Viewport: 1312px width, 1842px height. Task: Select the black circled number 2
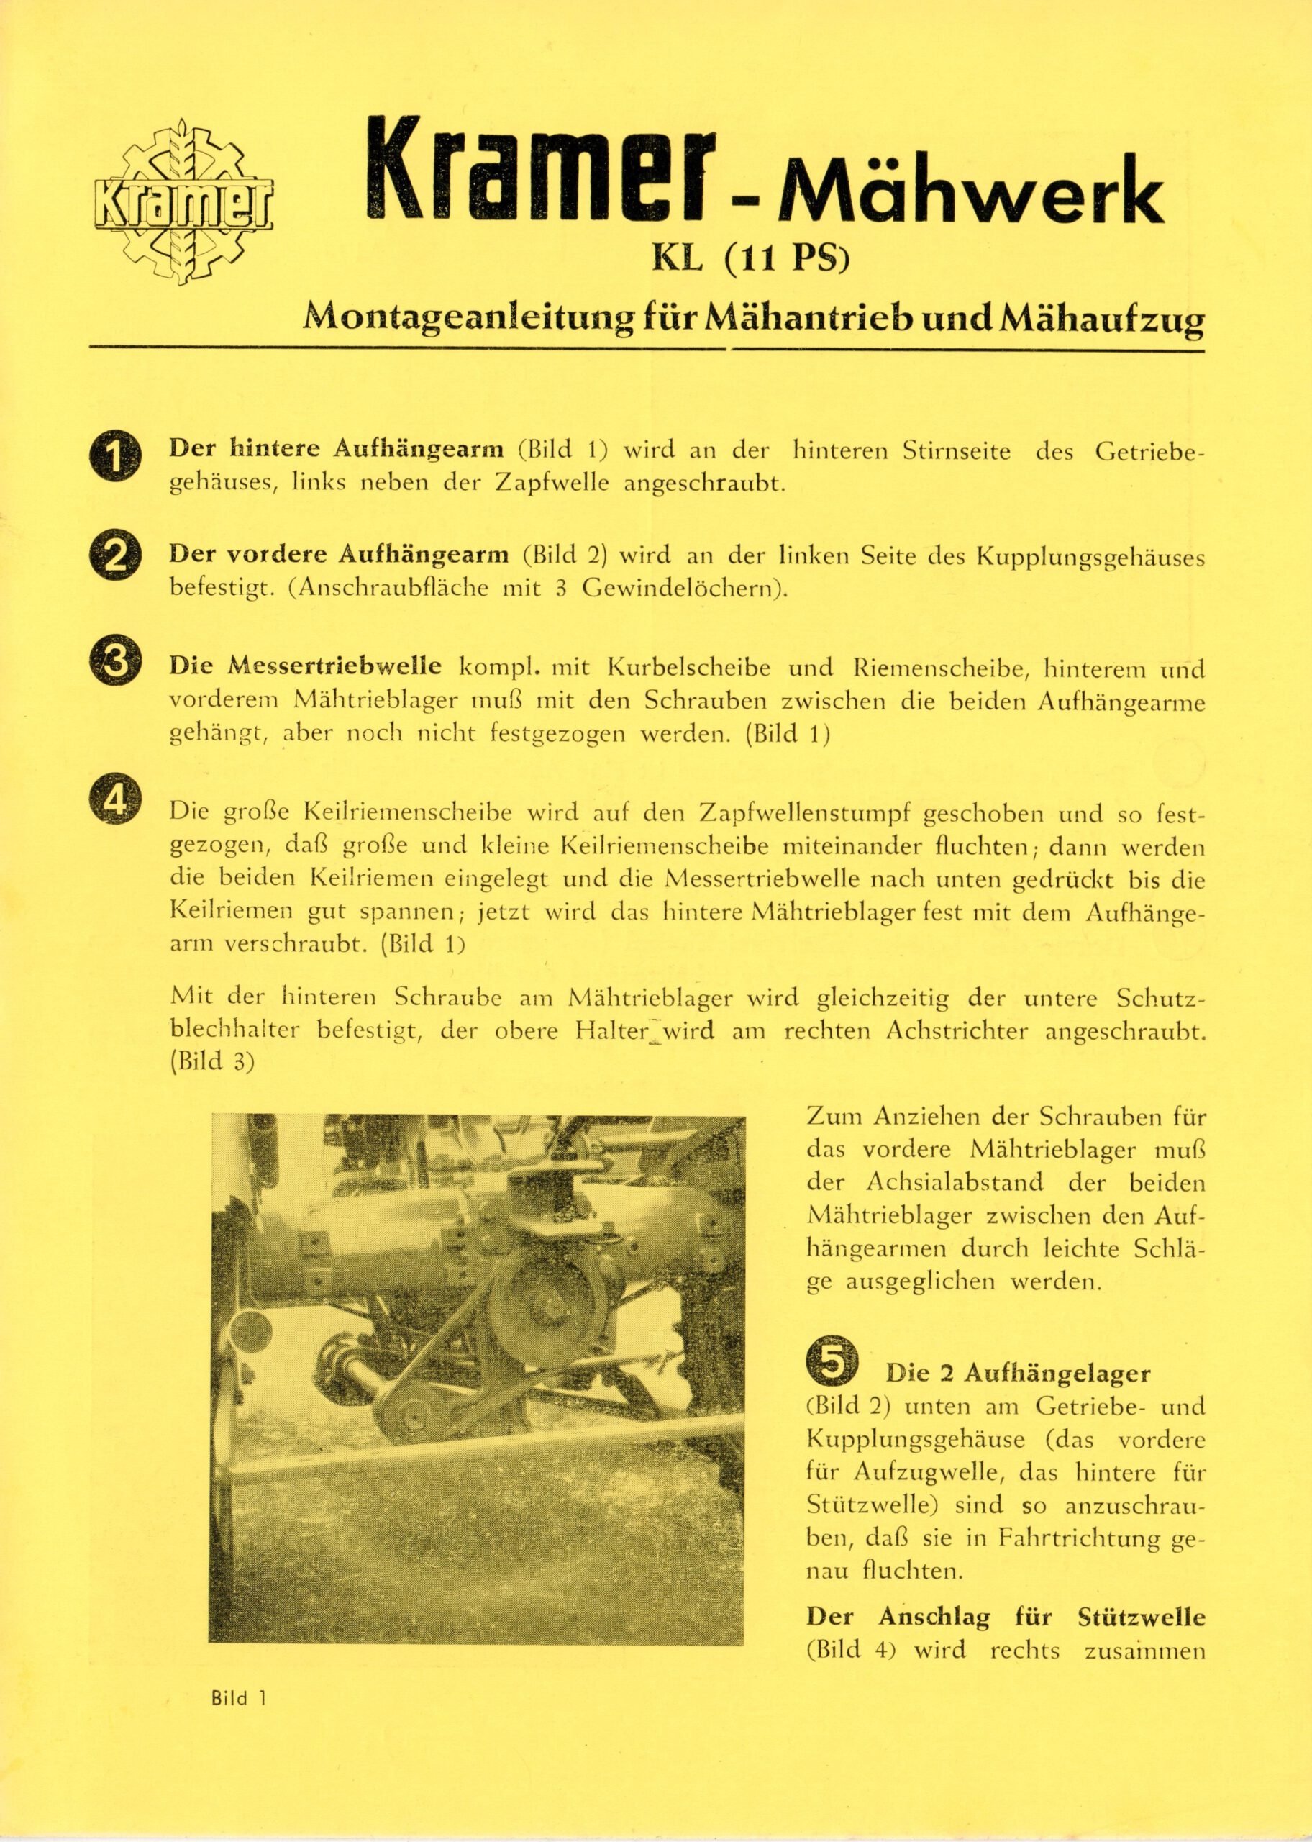click(x=116, y=558)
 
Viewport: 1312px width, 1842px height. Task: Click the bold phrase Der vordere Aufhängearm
click(x=339, y=555)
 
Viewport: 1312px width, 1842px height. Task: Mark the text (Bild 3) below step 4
click(x=212, y=1061)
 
